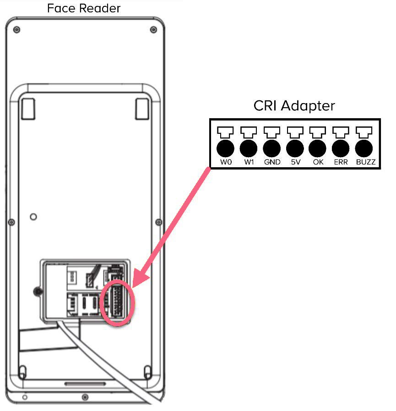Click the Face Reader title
[84, 8]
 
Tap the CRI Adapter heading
[294, 106]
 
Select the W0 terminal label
[226, 162]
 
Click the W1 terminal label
[249, 162]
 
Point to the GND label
[272, 162]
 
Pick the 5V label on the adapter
[295, 162]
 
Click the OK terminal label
[318, 162]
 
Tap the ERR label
[341, 162]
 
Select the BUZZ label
[365, 162]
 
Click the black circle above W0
[226, 148]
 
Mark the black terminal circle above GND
[272, 148]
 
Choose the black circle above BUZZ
[364, 148]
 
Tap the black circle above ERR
[341, 148]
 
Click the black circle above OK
[318, 148]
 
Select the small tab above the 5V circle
[295, 132]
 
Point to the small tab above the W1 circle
[249, 132]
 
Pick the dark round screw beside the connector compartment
[37, 291]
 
